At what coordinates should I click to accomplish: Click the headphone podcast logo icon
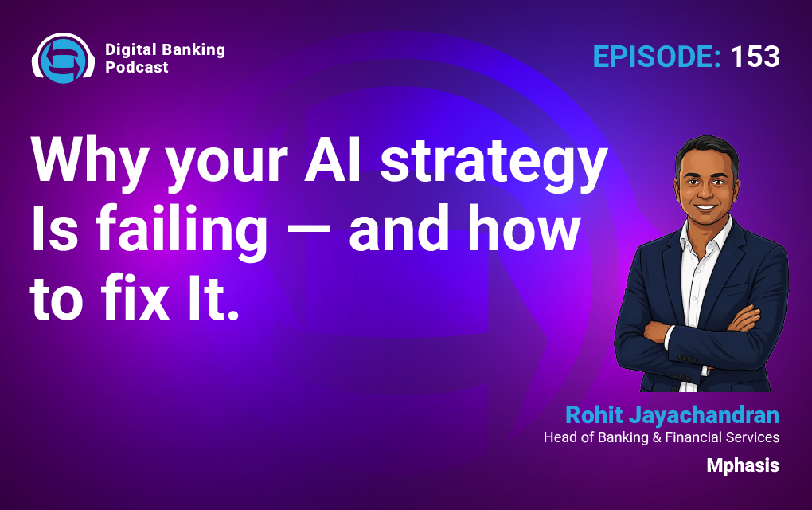point(63,57)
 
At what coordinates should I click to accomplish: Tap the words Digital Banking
point(166,49)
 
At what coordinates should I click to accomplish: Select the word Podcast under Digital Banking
point(137,67)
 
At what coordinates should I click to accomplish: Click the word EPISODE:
point(657,57)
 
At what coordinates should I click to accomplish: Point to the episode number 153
point(755,57)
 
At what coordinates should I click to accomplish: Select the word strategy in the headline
point(494,163)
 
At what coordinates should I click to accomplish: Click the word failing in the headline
point(182,230)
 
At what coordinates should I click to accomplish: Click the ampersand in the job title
point(657,437)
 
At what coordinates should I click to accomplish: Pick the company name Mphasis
point(743,465)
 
